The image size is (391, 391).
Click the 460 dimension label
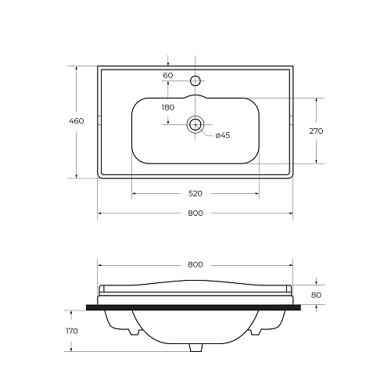(77, 121)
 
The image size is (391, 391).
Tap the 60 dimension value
(168, 75)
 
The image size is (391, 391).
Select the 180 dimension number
(168, 107)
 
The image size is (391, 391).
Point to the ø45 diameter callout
(223, 135)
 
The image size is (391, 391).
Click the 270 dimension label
(316, 131)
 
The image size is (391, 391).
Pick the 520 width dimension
(195, 193)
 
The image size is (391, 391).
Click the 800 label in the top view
(195, 213)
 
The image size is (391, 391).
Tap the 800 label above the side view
(195, 264)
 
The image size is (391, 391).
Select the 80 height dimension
(316, 295)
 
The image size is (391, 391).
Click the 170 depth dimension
(72, 331)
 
